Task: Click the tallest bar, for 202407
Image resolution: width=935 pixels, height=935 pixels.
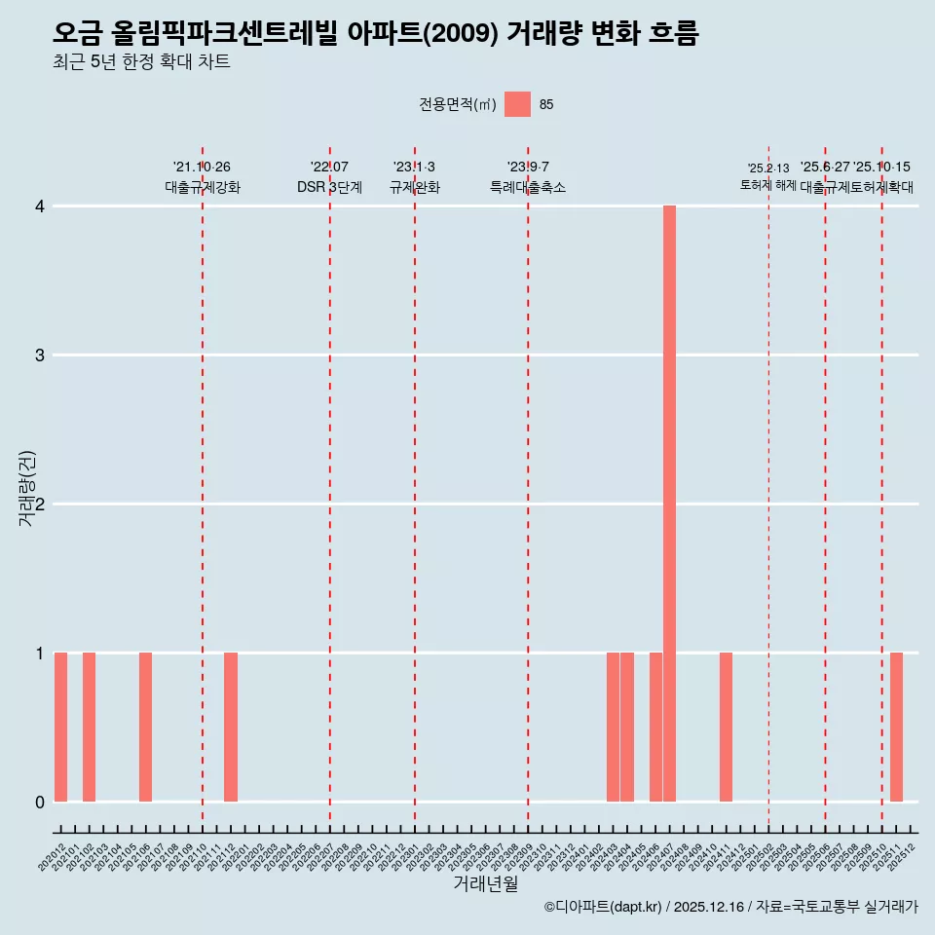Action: click(x=669, y=504)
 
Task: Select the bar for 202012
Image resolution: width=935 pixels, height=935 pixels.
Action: click(x=60, y=727)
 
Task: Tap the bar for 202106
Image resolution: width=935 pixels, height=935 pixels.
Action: click(x=145, y=727)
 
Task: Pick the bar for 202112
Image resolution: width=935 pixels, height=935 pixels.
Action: click(x=231, y=727)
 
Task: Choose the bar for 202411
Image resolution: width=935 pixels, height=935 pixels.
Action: click(x=726, y=727)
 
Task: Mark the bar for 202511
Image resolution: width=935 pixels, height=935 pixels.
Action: click(x=896, y=727)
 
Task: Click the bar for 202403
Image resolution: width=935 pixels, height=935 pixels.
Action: click(x=613, y=727)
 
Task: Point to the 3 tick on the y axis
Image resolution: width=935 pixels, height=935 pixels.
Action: click(x=40, y=355)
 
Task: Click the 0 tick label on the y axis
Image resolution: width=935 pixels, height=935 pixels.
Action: click(x=40, y=802)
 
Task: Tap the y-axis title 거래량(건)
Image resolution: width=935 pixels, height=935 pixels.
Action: click(x=26, y=489)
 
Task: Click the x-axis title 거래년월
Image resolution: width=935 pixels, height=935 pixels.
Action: click(x=485, y=884)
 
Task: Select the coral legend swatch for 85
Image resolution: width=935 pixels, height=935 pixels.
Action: click(x=517, y=104)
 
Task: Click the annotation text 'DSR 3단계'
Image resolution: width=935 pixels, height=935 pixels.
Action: click(x=329, y=188)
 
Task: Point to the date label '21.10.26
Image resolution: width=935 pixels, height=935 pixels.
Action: click(x=202, y=168)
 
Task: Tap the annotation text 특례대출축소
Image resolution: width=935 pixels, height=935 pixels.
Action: click(x=527, y=188)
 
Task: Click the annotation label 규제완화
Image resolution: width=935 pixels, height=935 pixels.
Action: click(x=414, y=188)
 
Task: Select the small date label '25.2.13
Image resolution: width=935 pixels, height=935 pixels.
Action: click(x=768, y=168)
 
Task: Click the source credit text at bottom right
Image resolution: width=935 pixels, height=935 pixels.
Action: click(x=730, y=908)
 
